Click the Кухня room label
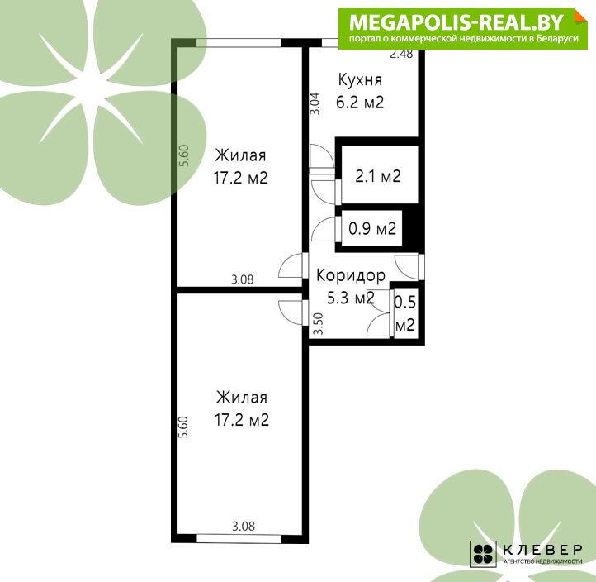click(x=360, y=80)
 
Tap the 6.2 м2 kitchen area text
click(x=360, y=102)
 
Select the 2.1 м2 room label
click(x=378, y=176)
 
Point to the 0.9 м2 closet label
click(x=372, y=228)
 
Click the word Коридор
click(x=351, y=275)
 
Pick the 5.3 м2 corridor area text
click(x=351, y=298)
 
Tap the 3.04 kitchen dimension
click(x=315, y=104)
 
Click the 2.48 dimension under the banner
click(x=401, y=54)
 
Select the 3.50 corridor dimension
click(x=318, y=323)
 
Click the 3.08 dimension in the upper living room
click(x=243, y=279)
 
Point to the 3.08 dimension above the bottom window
click(x=244, y=527)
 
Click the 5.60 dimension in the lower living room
click(x=183, y=427)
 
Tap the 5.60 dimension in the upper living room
click(x=184, y=155)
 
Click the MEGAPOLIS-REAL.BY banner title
click(x=456, y=22)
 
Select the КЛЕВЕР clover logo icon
click(x=483, y=553)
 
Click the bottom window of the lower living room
click(x=239, y=539)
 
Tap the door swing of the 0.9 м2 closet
click(x=324, y=229)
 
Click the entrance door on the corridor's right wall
click(x=409, y=267)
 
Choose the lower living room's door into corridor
click(x=293, y=312)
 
